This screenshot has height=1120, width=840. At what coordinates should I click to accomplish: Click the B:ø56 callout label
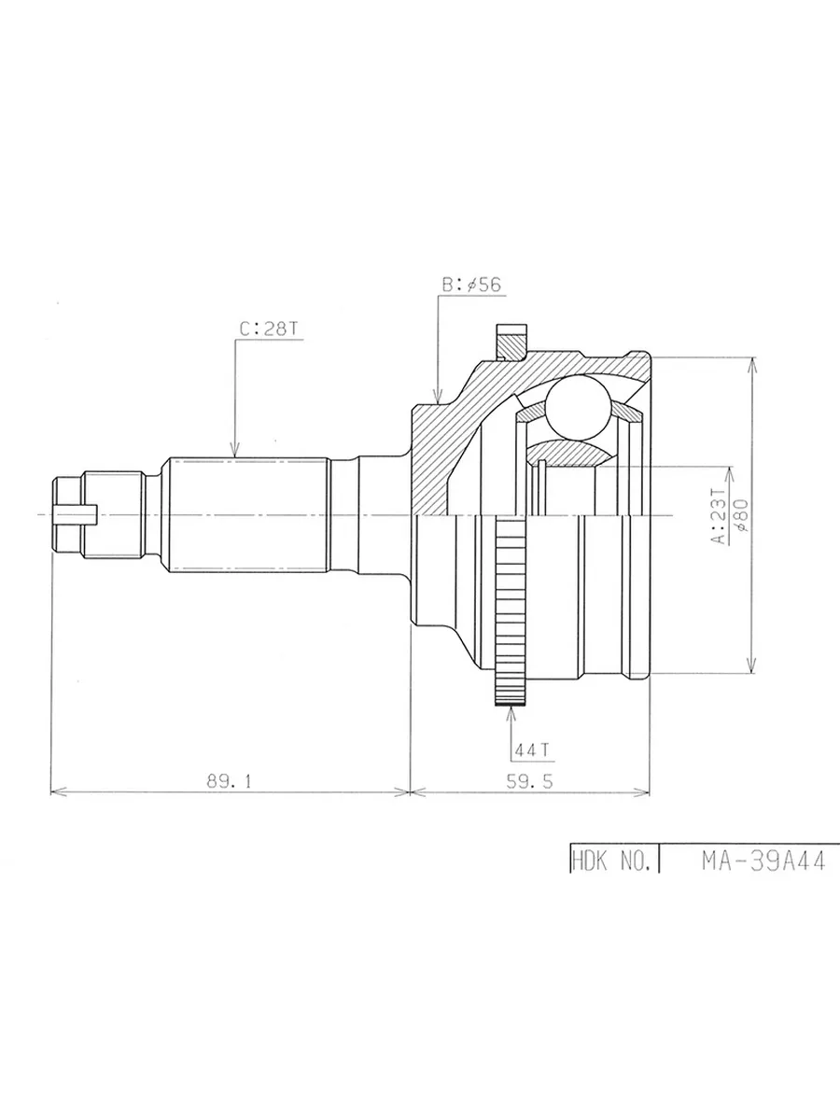click(471, 285)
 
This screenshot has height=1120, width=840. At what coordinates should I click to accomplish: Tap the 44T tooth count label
click(531, 749)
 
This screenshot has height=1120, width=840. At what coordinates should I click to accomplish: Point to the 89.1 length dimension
click(229, 781)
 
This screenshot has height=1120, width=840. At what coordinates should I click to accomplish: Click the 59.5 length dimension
click(529, 781)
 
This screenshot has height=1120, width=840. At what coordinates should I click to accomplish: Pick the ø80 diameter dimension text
click(743, 516)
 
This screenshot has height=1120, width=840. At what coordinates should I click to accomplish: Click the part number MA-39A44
click(763, 861)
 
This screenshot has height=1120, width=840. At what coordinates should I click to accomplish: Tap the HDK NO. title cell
click(611, 861)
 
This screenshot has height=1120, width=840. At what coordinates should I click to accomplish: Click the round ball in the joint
click(578, 407)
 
